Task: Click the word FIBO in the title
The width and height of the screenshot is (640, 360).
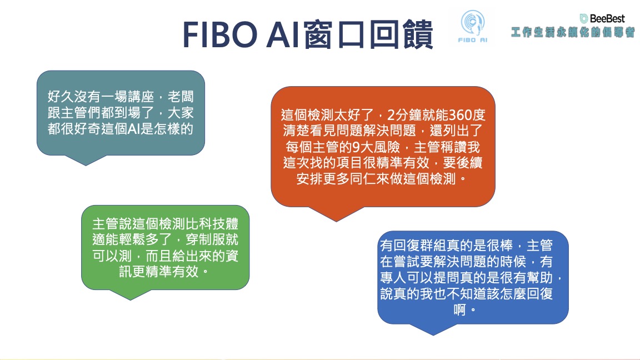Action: point(220,34)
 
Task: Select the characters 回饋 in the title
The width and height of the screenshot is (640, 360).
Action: point(401,34)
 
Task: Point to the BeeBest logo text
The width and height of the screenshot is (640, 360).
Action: point(602,18)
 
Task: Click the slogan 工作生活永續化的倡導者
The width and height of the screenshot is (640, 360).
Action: point(573,32)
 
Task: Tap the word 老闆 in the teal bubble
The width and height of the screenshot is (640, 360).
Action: point(181,97)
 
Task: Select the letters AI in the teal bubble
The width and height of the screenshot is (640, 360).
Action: point(134,128)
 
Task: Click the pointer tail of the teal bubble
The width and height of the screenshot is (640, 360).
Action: point(86,160)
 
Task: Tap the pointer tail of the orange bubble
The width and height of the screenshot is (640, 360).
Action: point(336,214)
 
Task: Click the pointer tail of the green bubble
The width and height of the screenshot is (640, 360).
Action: point(131,294)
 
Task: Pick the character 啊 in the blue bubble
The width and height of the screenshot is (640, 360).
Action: point(460,310)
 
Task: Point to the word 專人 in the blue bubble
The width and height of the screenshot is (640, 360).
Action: point(393,278)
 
